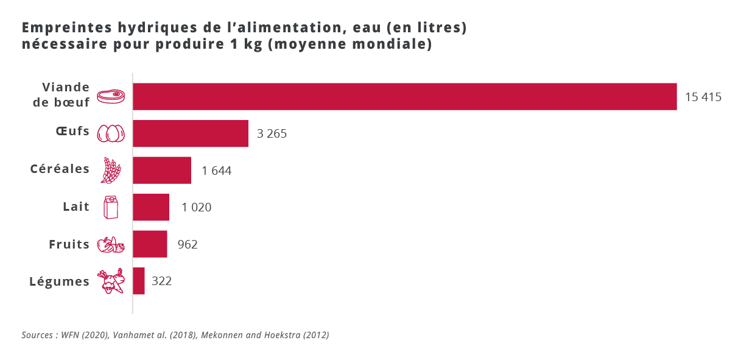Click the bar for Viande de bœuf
pos(404,96)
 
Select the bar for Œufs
pos(191,133)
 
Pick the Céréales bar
pos(162,171)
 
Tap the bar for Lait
pos(151,207)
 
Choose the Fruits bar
pos(150,244)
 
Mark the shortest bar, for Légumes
pos(139,281)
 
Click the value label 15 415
pos(703,97)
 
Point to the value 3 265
pos(272,134)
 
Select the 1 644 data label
pos(217,171)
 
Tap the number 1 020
pos(196,208)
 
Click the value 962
pos(188,245)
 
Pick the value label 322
pos(162,281)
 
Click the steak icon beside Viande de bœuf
pos(111,96)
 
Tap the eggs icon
pos(111,133)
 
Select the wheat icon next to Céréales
pos(111,171)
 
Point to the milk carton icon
pos(111,207)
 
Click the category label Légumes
pos(60,282)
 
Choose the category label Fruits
pos(69,245)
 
